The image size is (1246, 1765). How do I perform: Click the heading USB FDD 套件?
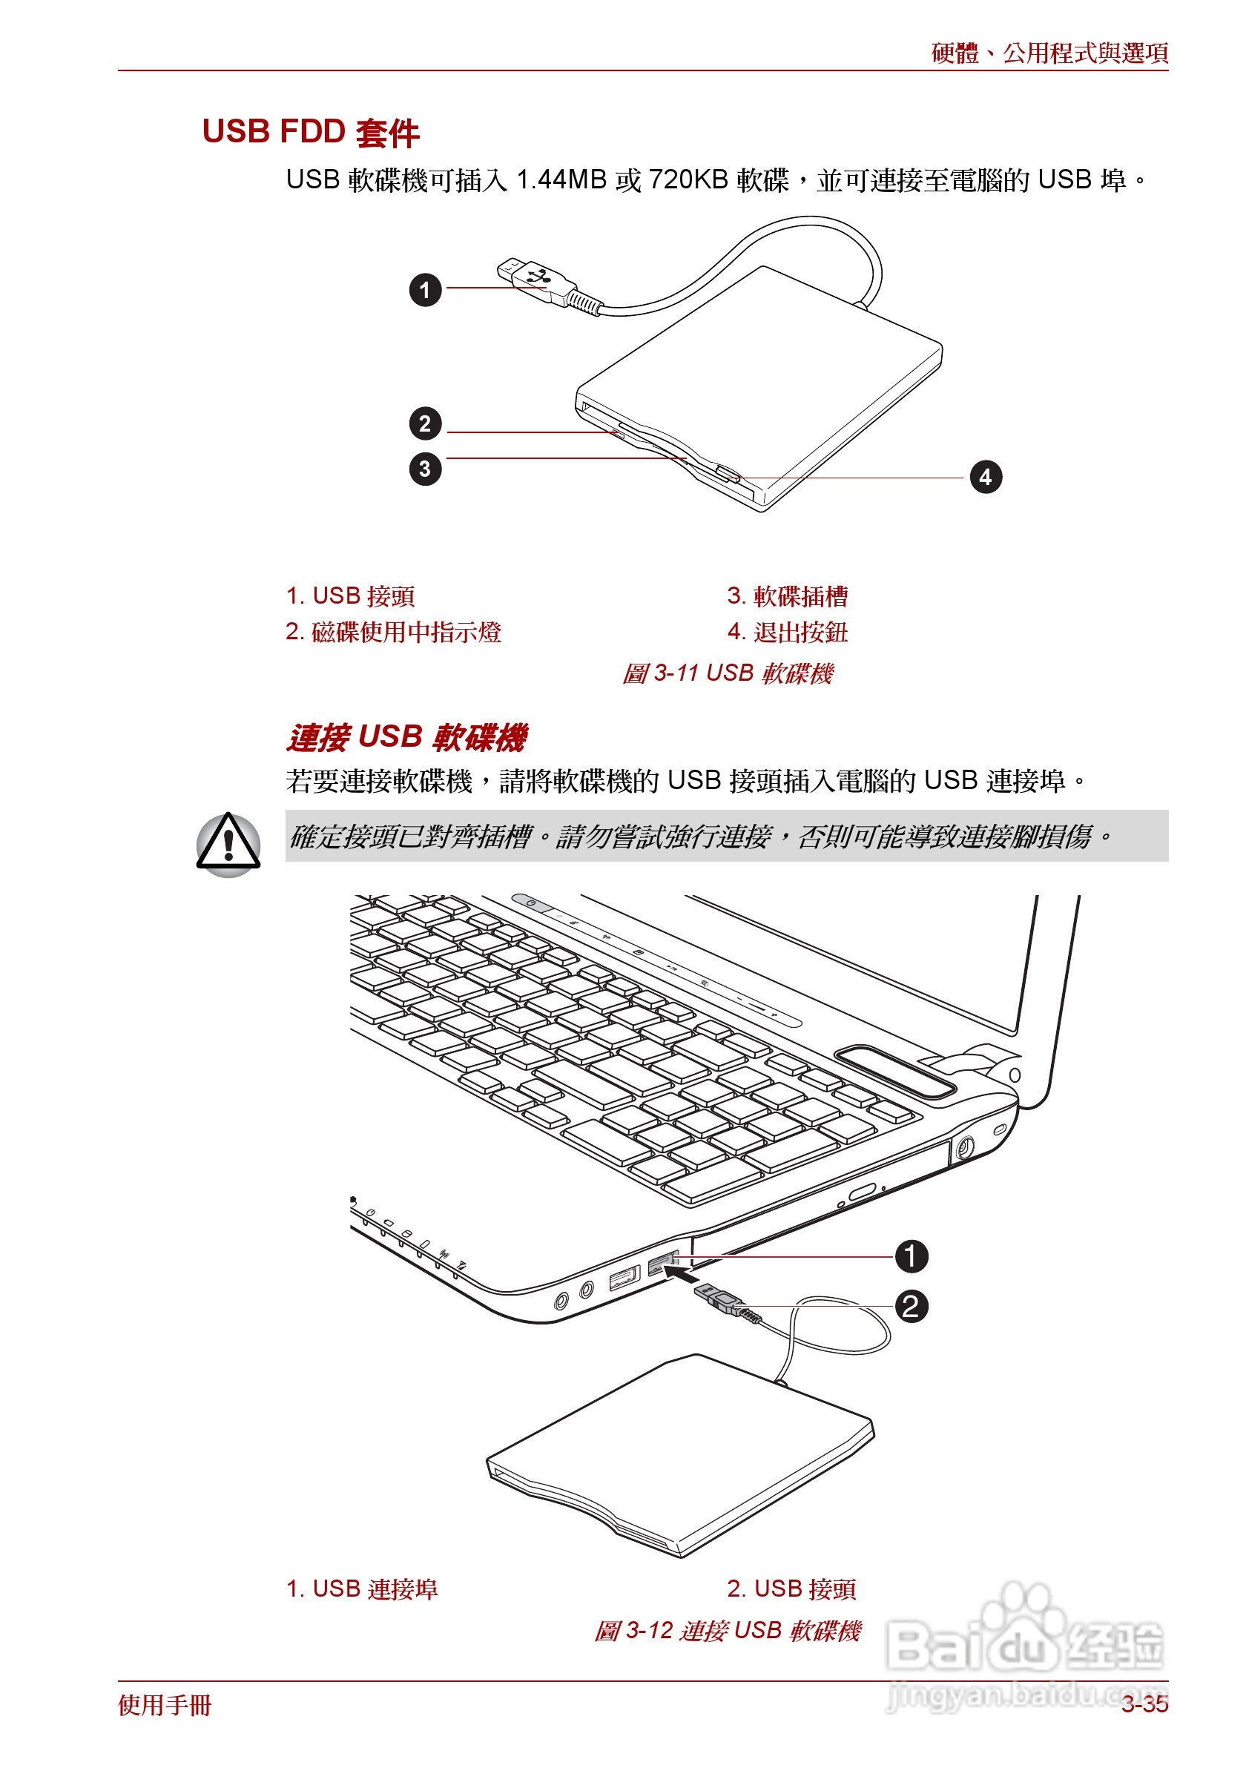(310, 132)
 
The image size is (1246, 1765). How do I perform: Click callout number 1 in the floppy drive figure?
(425, 291)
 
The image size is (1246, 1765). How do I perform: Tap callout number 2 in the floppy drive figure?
(425, 423)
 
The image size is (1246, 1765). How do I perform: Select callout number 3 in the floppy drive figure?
(425, 469)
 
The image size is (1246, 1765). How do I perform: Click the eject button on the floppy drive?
(726, 474)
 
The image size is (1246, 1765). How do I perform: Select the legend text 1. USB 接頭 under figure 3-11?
(350, 596)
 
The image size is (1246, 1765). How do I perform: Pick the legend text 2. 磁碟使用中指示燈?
(393, 632)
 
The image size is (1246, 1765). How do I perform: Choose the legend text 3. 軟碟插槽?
(787, 596)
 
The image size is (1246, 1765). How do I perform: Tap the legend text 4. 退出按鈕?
(787, 632)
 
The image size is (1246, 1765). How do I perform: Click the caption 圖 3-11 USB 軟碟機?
(727, 673)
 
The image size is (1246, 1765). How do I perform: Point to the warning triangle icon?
(228, 844)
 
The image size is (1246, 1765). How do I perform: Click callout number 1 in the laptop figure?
(911, 1256)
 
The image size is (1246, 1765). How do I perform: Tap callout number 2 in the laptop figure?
(911, 1306)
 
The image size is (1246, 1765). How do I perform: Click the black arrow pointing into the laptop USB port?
(681, 1276)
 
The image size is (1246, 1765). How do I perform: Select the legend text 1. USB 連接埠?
(361, 1589)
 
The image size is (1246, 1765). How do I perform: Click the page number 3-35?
(1144, 1704)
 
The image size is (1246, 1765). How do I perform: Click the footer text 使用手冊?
(165, 1705)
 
